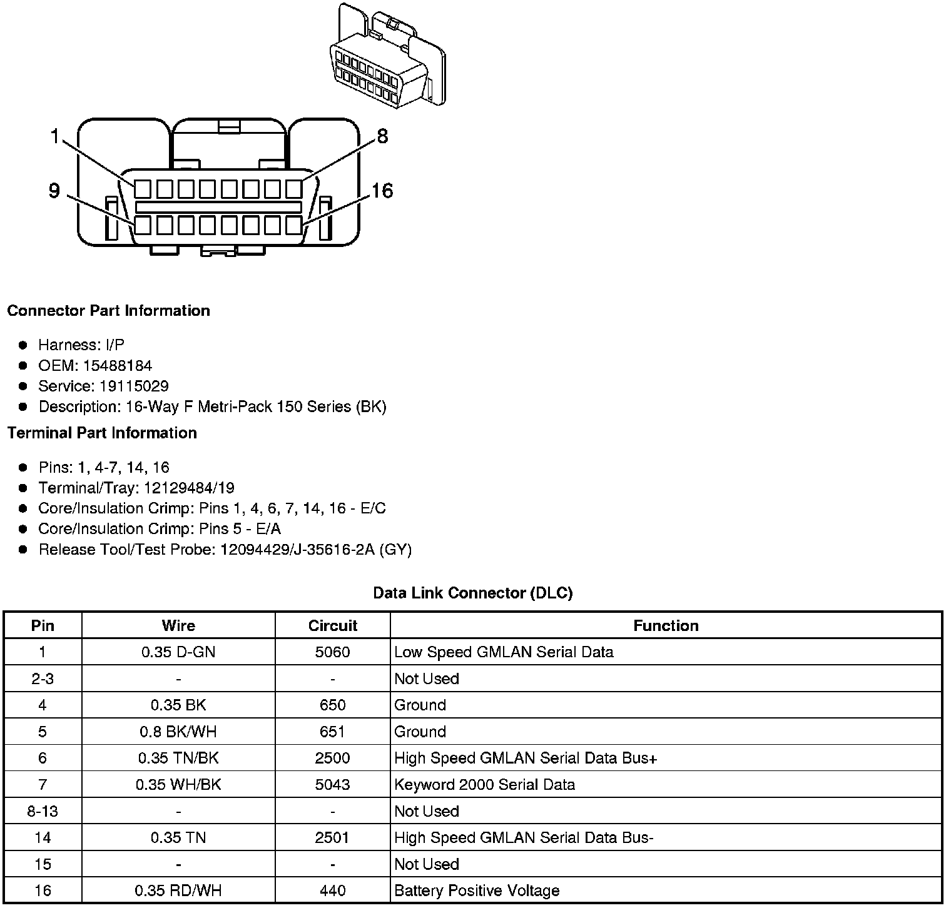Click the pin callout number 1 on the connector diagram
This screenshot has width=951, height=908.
click(55, 136)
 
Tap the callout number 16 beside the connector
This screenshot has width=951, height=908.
click(382, 191)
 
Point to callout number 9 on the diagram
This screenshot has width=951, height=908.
click(54, 191)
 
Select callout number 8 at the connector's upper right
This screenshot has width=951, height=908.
click(382, 136)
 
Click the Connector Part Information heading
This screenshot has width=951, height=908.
click(108, 311)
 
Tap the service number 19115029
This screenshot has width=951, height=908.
click(134, 386)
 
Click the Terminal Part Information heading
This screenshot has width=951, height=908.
click(102, 433)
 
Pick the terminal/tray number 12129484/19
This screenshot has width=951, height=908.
click(190, 488)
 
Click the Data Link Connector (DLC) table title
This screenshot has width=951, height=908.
click(472, 593)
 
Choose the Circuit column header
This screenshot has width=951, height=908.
click(332, 626)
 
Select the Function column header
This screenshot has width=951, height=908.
click(666, 626)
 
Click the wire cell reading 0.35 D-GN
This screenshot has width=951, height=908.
click(178, 652)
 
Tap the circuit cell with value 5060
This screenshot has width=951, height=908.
click(332, 652)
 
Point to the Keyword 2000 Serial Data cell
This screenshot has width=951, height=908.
click(484, 785)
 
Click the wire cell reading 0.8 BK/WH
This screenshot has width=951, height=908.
click(178, 732)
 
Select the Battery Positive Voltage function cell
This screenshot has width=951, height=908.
click(477, 890)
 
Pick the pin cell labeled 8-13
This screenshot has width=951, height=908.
click(43, 811)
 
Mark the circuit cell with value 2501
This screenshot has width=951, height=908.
click(332, 837)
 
